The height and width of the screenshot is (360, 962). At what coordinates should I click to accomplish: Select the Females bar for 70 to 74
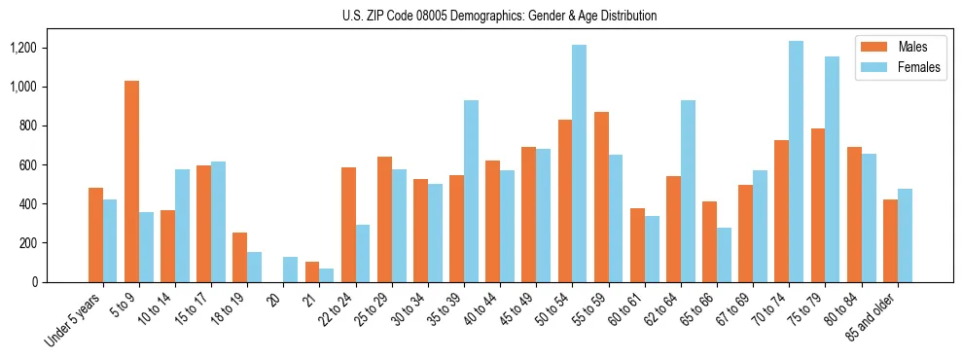pos(796,162)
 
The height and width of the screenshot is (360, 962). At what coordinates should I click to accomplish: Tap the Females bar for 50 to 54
pos(579,163)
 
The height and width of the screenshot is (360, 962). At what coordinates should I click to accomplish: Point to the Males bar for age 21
pos(312,271)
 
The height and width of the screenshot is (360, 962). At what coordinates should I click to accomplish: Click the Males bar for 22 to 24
pos(348,225)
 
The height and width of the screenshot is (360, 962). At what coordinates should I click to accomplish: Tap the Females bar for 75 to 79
pos(832,169)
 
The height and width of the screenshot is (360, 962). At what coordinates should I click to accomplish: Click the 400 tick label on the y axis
pos(53,204)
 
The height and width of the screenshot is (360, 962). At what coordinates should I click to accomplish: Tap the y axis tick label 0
pos(60,282)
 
